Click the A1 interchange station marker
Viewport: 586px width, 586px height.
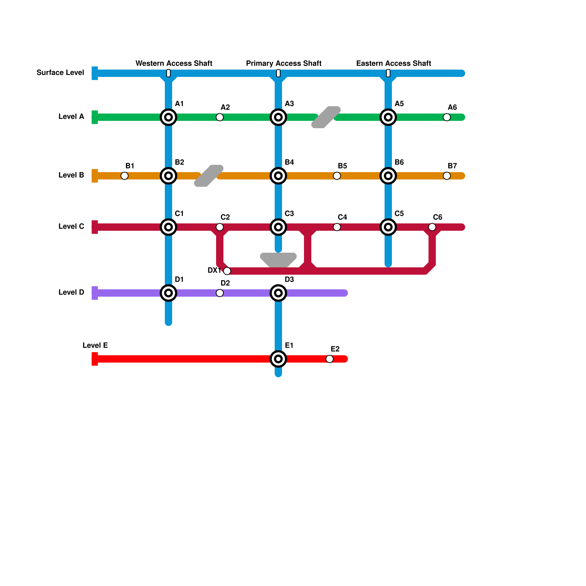[168, 117]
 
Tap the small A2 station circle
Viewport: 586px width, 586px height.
[220, 117]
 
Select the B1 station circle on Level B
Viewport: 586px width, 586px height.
[125, 176]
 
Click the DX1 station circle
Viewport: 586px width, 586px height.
[227, 271]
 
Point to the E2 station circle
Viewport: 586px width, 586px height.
[330, 359]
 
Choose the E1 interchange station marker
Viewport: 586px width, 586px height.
[278, 359]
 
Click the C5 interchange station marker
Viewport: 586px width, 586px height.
[388, 227]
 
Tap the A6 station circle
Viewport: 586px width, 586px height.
[447, 117]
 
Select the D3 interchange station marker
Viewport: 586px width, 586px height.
[278, 293]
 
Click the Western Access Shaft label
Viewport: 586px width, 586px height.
[174, 63]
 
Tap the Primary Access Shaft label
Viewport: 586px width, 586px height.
[284, 63]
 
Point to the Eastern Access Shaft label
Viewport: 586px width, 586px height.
[394, 63]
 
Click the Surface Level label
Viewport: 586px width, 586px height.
[60, 73]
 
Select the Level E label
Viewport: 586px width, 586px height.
[95, 345]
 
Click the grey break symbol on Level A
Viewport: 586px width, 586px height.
[326, 117]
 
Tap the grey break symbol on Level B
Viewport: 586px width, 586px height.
[209, 176]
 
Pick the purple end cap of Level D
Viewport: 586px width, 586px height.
[95, 293]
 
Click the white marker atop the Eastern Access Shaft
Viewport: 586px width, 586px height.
[388, 73]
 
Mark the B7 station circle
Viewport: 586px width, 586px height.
[447, 176]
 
